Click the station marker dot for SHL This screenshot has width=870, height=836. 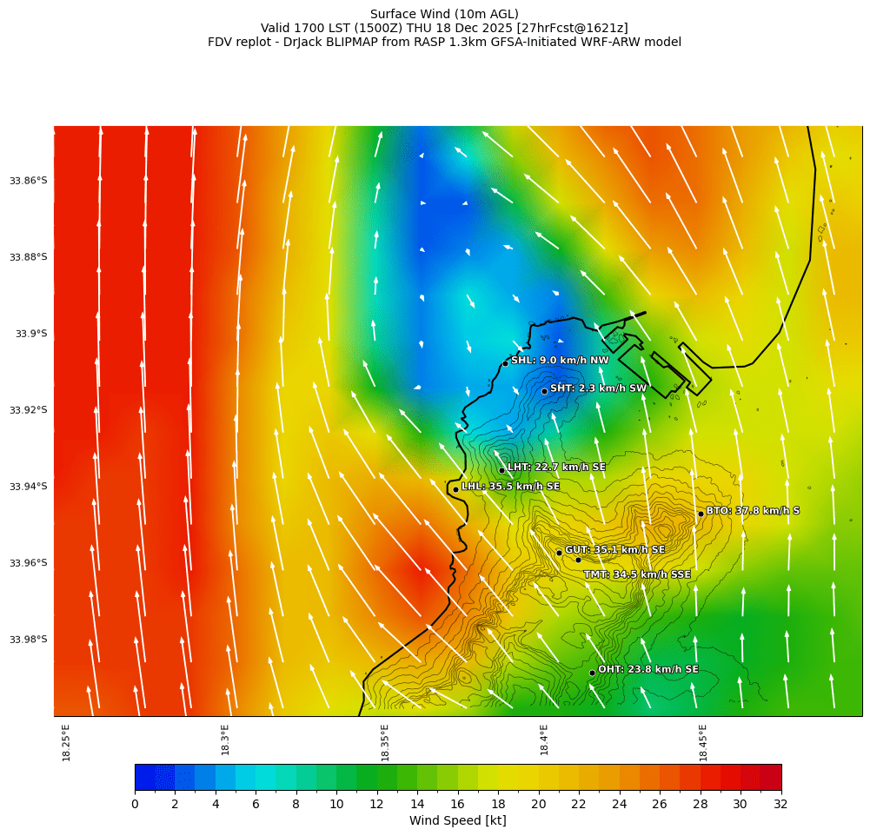pyautogui.click(x=505, y=363)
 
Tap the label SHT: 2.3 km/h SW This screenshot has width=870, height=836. pyautogui.click(x=598, y=388)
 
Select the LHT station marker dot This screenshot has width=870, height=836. pyautogui.click(x=501, y=470)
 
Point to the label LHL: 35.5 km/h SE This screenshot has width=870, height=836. pyautogui.click(x=510, y=487)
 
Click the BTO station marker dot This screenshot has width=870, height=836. pyautogui.click(x=701, y=514)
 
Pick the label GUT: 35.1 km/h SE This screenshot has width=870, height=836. pyautogui.click(x=614, y=550)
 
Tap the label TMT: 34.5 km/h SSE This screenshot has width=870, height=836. pyautogui.click(x=637, y=574)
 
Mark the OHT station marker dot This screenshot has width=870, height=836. pyautogui.click(x=592, y=673)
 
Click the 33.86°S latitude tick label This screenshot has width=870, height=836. pyautogui.click(x=29, y=181)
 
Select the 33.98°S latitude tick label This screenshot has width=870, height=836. pyautogui.click(x=29, y=640)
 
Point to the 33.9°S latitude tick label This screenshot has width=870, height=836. pyautogui.click(x=31, y=334)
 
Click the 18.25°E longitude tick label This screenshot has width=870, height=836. pyautogui.click(x=66, y=742)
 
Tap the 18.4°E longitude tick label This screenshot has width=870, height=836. pyautogui.click(x=544, y=742)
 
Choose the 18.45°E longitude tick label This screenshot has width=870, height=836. pyautogui.click(x=703, y=742)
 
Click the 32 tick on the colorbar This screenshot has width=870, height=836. pyautogui.click(x=780, y=805)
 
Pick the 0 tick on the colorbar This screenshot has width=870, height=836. pyautogui.click(x=135, y=805)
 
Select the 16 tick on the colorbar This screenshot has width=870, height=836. pyautogui.click(x=458, y=805)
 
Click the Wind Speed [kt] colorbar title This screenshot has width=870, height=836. pyautogui.click(x=457, y=821)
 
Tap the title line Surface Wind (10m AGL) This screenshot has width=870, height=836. pyautogui.click(x=444, y=14)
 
